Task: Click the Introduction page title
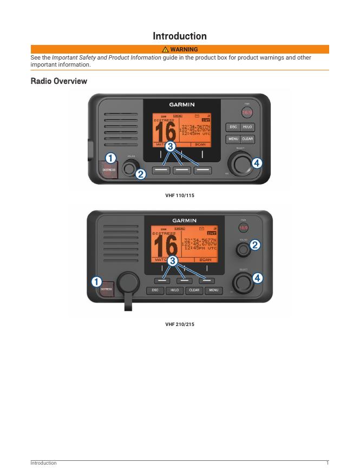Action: (180, 36)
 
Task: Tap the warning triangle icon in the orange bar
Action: (166, 49)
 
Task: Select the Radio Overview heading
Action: (59, 81)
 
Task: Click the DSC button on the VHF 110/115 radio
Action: (233, 127)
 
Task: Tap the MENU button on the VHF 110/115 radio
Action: (233, 139)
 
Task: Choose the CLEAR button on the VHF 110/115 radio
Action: (247, 139)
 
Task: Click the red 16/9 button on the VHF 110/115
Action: (247, 113)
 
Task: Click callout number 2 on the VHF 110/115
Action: (141, 174)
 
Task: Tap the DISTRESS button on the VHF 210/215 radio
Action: (106, 289)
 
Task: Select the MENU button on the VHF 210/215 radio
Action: (213, 290)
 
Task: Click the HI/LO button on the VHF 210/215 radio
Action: (174, 290)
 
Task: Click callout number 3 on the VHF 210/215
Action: (173, 261)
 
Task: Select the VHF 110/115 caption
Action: (180, 195)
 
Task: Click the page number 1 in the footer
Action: (328, 463)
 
